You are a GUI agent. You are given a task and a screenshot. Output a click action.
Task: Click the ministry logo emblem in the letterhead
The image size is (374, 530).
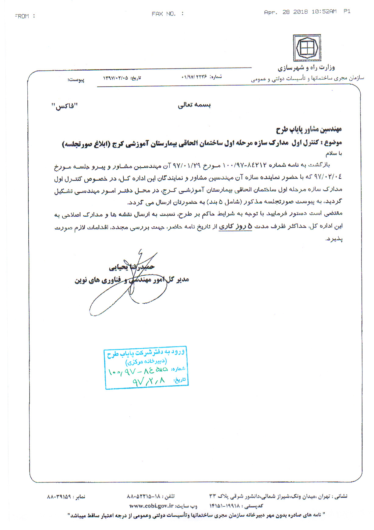(x=307, y=48)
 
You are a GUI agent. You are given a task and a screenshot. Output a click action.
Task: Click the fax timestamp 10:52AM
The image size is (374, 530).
(x=324, y=12)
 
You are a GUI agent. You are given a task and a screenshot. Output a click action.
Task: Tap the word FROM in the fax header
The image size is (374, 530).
(x=22, y=16)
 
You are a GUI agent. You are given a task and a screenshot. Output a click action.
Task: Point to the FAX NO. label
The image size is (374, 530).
(x=164, y=14)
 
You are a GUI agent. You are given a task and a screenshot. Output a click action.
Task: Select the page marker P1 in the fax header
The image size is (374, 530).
(x=347, y=12)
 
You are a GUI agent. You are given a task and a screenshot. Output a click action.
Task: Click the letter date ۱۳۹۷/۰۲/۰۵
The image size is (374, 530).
(x=115, y=78)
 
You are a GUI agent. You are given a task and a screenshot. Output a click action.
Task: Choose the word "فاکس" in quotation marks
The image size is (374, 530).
(x=65, y=106)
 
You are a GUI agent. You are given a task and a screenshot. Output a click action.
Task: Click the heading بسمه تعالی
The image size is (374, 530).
(x=194, y=105)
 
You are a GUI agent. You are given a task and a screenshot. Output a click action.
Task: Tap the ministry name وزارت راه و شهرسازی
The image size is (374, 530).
(x=306, y=68)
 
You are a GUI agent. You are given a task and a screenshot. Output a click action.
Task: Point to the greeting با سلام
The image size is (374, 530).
(x=334, y=154)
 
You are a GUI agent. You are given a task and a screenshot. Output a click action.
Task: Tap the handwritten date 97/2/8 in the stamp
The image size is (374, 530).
(x=149, y=381)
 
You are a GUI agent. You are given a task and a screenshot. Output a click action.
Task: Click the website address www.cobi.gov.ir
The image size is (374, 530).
(x=151, y=506)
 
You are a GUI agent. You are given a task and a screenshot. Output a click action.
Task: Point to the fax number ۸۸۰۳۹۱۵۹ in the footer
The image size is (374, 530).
(x=59, y=497)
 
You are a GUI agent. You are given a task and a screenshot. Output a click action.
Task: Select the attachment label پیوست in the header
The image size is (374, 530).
(x=76, y=80)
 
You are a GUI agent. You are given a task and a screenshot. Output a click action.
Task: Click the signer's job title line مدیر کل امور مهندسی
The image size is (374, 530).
(x=132, y=280)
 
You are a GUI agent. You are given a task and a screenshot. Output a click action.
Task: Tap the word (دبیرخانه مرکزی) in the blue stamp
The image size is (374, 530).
(x=146, y=361)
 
